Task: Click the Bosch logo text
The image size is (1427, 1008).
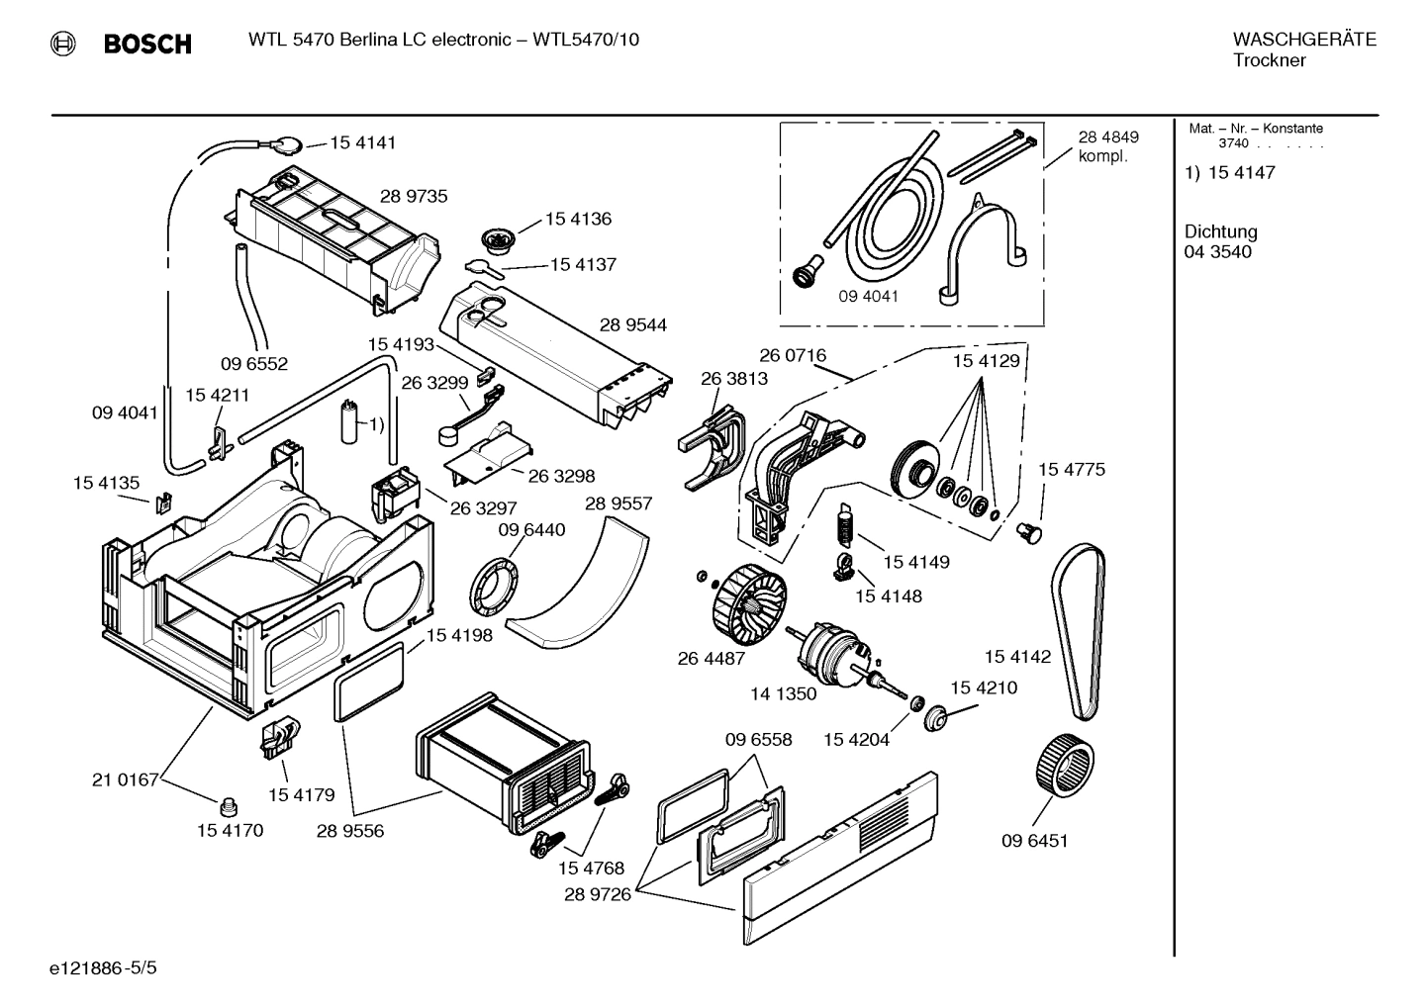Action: (146, 44)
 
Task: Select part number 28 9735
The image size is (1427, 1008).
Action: (414, 196)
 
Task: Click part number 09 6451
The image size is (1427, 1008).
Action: (1034, 841)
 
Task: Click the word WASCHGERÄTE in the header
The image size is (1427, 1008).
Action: (1304, 40)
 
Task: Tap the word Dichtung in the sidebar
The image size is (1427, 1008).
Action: (1220, 231)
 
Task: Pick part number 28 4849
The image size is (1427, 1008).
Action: (1107, 137)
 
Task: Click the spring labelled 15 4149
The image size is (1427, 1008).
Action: (844, 522)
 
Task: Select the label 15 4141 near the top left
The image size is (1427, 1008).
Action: (362, 142)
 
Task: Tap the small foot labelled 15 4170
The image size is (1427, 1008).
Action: (231, 801)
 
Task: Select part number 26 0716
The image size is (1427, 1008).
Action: (793, 355)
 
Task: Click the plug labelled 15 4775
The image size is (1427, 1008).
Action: (1030, 533)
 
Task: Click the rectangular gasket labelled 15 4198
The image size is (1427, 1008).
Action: (370, 682)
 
